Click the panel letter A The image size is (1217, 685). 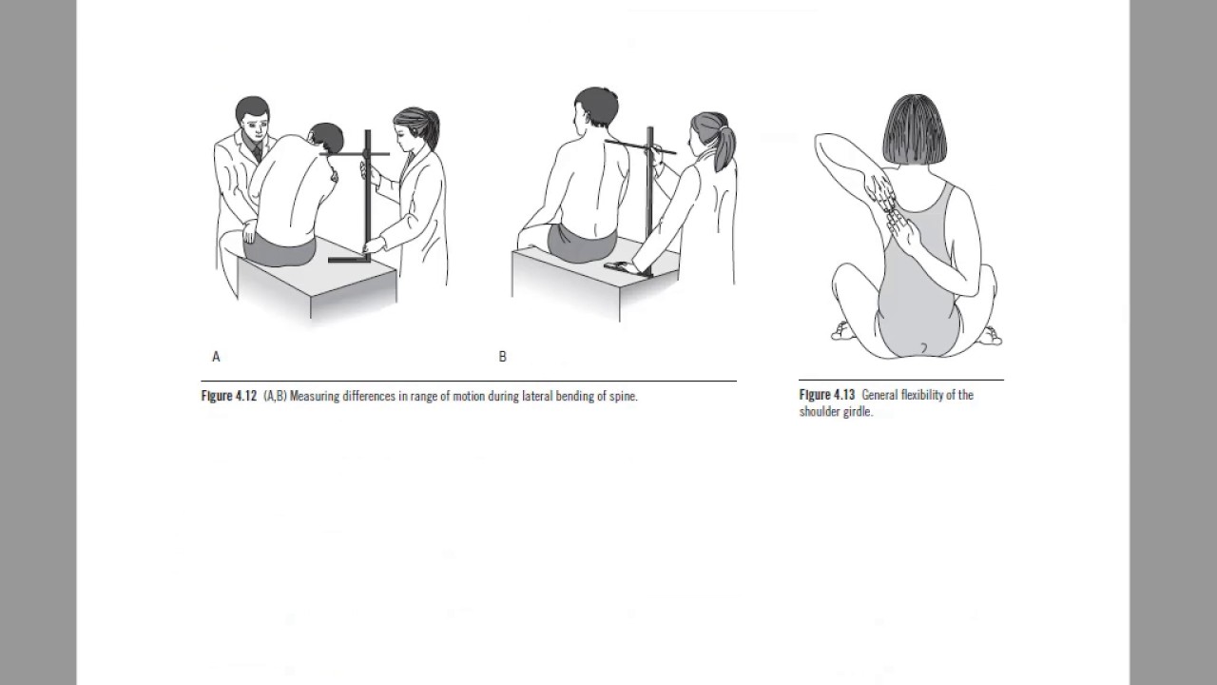(x=216, y=357)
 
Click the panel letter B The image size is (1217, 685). (x=503, y=357)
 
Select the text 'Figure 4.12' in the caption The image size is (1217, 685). (x=229, y=396)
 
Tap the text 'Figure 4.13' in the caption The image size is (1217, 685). (x=827, y=395)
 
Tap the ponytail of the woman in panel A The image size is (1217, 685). (x=432, y=129)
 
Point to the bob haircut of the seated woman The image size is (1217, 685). (x=915, y=129)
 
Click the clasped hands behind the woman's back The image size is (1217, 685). (x=892, y=212)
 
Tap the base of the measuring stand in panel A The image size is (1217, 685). (x=349, y=260)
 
